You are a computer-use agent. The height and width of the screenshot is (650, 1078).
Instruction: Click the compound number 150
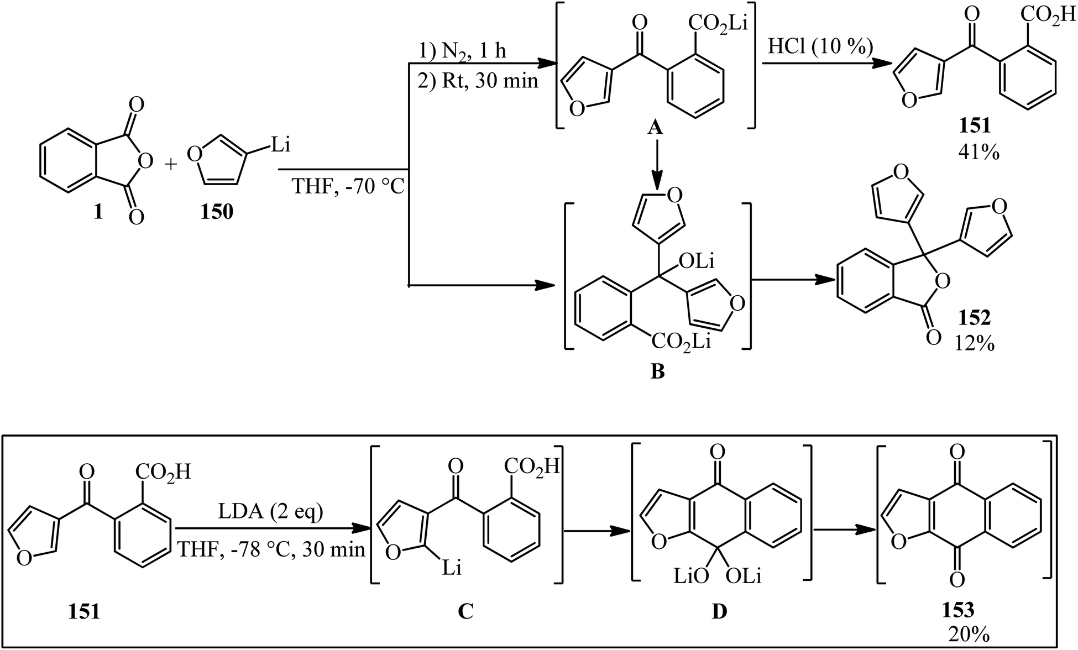(217, 212)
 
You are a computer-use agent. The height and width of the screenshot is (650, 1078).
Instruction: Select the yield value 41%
(978, 152)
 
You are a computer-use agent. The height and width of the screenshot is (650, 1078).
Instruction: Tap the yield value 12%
(975, 344)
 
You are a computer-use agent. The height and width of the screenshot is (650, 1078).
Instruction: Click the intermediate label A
(655, 128)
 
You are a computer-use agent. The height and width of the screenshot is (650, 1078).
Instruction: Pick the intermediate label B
(657, 372)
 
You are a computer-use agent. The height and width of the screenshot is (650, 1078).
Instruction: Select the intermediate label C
(465, 611)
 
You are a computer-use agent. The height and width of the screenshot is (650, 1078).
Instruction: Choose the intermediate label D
(719, 611)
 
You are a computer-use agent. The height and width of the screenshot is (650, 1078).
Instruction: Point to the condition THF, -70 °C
(348, 187)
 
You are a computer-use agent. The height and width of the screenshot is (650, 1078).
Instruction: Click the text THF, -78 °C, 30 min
(271, 549)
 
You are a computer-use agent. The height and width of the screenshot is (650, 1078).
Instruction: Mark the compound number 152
(974, 318)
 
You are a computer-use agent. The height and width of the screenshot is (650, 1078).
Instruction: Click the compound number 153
(958, 610)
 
